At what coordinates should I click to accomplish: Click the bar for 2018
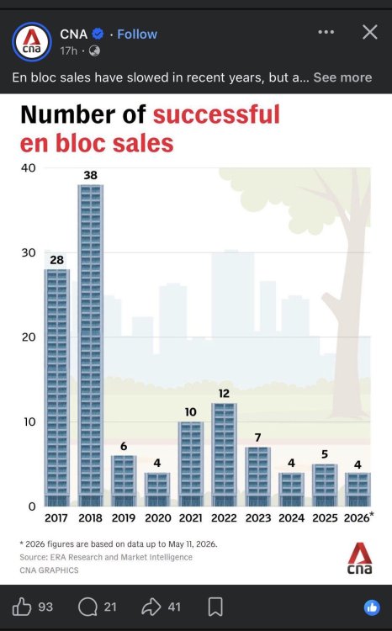click(91, 345)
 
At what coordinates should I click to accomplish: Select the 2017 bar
click(56, 388)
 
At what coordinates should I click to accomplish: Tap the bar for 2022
click(224, 454)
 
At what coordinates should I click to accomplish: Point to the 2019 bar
click(124, 481)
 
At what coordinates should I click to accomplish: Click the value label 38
click(91, 175)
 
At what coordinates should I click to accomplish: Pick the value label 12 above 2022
click(224, 393)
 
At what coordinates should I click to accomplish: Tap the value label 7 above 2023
click(258, 437)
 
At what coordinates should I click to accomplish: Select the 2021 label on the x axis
click(190, 518)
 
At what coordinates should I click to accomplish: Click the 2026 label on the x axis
click(357, 518)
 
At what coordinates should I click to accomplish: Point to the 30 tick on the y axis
click(29, 252)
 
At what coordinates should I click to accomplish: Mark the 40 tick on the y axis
click(29, 167)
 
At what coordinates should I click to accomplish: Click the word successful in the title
click(216, 114)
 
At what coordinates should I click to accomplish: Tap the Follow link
click(137, 34)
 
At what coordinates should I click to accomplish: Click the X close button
click(370, 32)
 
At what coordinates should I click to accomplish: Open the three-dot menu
click(326, 32)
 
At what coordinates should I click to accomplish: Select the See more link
click(342, 77)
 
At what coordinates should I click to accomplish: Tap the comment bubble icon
click(87, 607)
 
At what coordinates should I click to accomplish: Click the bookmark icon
click(215, 607)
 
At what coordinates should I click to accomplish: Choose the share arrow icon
click(151, 607)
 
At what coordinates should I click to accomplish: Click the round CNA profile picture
click(32, 42)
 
